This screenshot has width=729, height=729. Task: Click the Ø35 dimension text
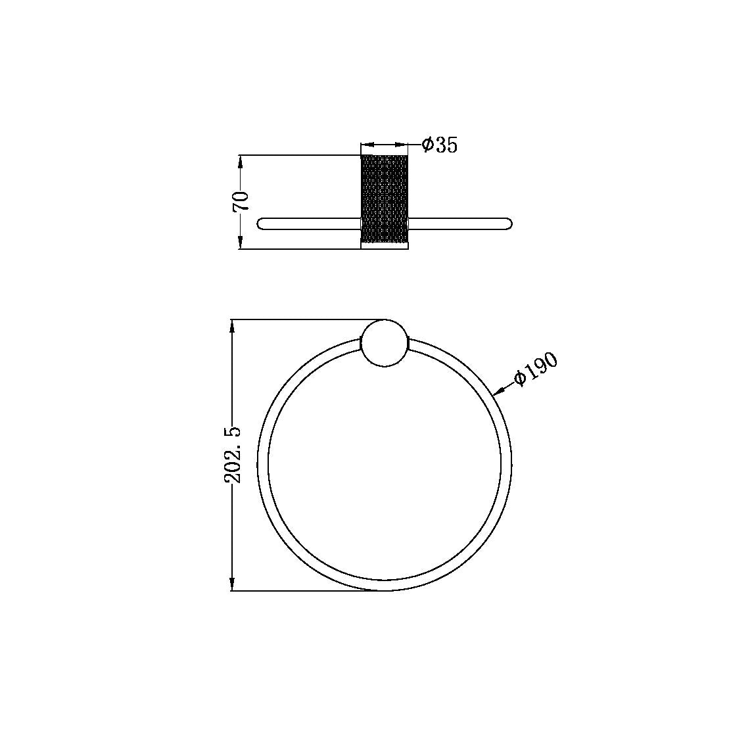[440, 145]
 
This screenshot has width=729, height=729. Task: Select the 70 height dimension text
[241, 201]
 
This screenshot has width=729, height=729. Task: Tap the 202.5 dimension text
[233, 454]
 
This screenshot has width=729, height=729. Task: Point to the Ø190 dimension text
[536, 369]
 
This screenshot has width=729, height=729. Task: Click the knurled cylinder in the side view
[385, 199]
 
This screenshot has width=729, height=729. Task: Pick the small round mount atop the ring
[385, 342]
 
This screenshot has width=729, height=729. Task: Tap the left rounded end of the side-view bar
[263, 223]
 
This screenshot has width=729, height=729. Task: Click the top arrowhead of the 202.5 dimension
[233, 326]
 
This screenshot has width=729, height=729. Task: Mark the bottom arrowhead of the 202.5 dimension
[233, 584]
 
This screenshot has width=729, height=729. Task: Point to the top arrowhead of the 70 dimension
[241, 161]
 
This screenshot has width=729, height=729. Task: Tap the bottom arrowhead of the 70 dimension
[241, 243]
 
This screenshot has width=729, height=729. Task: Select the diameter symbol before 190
[520, 378]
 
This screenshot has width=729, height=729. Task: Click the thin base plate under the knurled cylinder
[385, 246]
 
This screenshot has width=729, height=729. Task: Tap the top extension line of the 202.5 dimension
[296, 320]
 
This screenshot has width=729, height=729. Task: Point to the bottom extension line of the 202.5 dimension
[296, 590]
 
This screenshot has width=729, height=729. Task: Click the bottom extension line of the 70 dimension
[296, 249]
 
